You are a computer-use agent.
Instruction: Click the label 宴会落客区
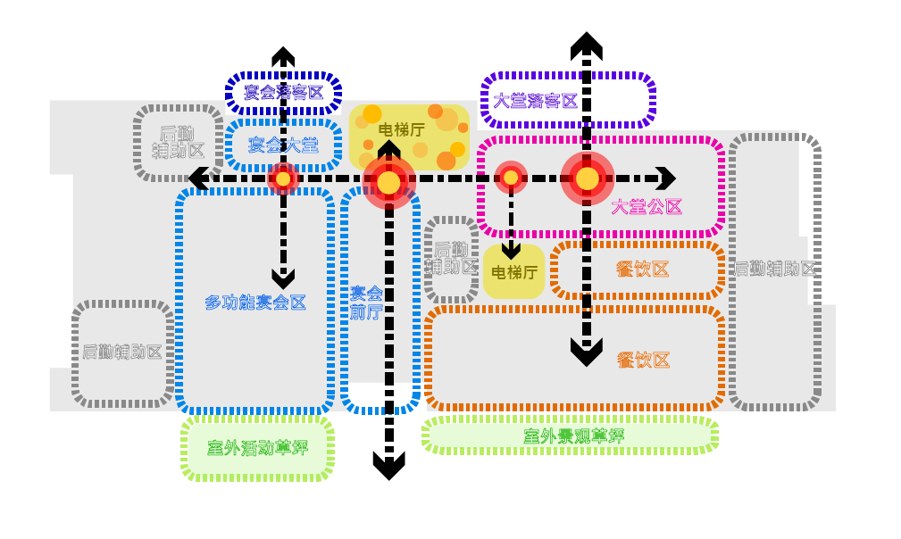(283, 92)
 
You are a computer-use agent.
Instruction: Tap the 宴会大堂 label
(283, 144)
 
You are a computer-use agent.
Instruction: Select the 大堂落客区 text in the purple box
(536, 100)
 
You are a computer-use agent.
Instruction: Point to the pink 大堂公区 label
(647, 207)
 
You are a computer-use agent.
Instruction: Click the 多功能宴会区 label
(255, 303)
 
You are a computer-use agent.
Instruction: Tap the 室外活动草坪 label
(257, 448)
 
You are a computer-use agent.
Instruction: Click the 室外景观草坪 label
(573, 436)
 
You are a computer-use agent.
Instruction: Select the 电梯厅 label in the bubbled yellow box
(402, 130)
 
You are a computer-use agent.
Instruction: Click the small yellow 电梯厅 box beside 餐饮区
(514, 271)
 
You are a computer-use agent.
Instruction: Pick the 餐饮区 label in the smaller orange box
(643, 269)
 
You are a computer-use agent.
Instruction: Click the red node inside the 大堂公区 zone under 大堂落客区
(587, 178)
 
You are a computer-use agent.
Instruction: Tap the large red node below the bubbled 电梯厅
(388, 182)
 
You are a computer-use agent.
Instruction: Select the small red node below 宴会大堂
(283, 178)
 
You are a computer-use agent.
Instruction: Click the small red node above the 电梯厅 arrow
(511, 178)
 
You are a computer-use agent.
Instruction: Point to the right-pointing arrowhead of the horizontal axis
(666, 178)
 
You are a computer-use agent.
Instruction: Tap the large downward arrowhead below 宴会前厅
(388, 465)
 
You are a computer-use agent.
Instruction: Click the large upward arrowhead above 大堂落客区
(587, 45)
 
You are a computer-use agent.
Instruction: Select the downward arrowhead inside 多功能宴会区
(283, 279)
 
